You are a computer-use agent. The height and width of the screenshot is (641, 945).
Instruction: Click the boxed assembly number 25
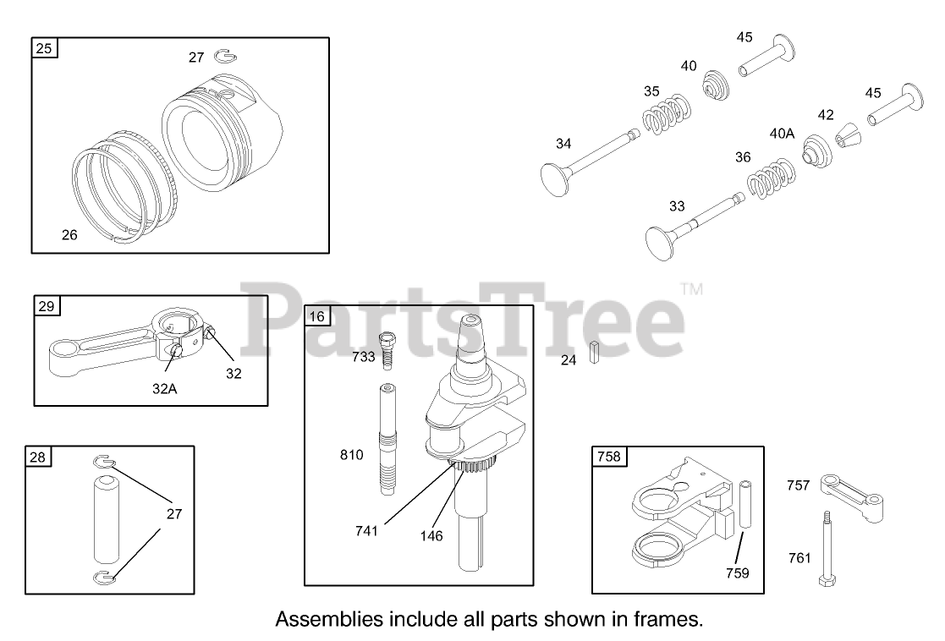44,48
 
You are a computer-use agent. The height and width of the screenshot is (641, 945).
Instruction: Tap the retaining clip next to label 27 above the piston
226,57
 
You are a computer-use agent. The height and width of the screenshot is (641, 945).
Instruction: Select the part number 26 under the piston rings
69,235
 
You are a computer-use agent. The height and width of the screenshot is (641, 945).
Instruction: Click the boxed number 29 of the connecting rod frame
46,305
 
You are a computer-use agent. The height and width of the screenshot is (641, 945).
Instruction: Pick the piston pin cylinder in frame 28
106,519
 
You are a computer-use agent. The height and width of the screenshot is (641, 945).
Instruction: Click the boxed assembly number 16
316,316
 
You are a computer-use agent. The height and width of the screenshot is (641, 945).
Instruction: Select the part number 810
351,455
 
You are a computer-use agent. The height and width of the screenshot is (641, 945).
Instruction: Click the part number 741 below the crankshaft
366,530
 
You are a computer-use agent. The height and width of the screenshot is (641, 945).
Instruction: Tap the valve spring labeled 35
665,114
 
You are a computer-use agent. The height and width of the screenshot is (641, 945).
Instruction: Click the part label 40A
782,133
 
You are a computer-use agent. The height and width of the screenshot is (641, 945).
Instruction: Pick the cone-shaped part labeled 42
849,134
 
